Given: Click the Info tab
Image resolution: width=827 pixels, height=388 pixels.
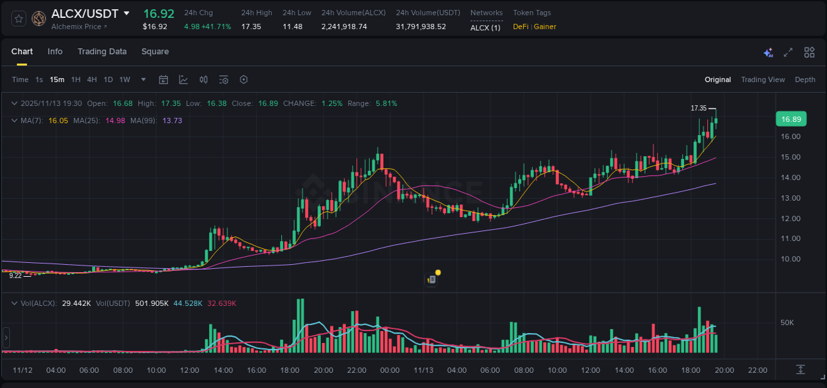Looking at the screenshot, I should (x=55, y=52).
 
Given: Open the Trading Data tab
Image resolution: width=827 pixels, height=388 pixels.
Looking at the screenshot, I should (x=102, y=52).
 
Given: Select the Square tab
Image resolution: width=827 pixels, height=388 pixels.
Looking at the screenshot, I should (x=155, y=52).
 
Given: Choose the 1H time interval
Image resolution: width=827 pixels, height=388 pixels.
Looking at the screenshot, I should (x=75, y=79).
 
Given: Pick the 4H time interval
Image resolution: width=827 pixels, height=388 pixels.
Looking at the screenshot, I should (x=92, y=79).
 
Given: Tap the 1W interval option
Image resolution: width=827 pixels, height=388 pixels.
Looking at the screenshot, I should (x=124, y=79).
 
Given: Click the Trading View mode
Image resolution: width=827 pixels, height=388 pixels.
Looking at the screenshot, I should (x=762, y=79).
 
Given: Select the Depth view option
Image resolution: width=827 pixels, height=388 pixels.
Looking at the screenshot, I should (x=805, y=79).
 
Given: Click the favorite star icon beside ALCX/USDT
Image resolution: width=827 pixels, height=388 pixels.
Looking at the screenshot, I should (x=19, y=19).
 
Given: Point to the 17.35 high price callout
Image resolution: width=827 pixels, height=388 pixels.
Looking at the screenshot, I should (x=699, y=108).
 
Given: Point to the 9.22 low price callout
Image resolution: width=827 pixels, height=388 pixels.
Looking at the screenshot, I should (x=15, y=275).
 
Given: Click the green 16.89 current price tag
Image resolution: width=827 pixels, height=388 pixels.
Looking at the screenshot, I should (x=791, y=119).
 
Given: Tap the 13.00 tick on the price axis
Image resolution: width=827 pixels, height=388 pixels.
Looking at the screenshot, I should (x=791, y=198).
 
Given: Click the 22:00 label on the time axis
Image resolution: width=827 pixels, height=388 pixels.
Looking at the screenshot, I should (x=758, y=370).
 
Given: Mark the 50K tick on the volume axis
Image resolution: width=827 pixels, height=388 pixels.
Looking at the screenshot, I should (x=787, y=322).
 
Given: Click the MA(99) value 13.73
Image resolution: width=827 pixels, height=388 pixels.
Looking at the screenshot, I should (x=172, y=121).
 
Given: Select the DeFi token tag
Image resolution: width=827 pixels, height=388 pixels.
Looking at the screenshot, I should (x=521, y=26).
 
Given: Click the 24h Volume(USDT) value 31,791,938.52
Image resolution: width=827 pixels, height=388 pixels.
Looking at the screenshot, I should (x=421, y=26).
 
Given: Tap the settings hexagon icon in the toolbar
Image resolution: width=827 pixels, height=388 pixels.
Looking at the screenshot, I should (x=243, y=79).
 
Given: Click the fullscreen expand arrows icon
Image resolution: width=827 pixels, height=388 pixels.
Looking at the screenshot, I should (x=788, y=52).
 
